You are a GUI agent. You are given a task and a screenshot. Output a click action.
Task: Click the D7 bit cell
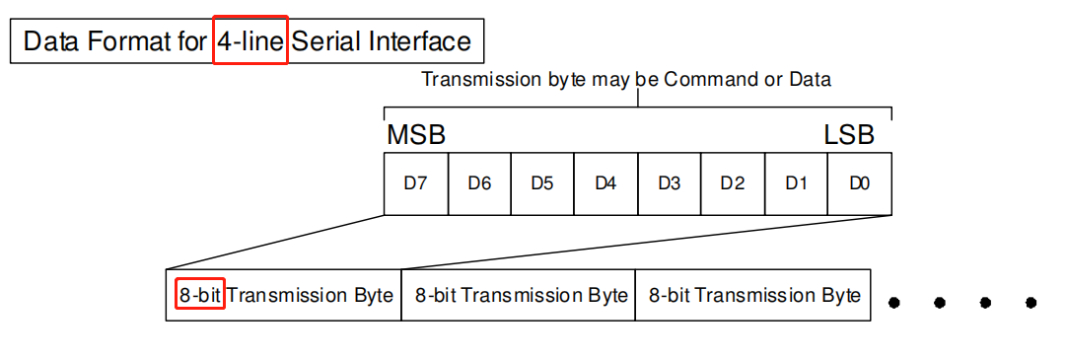(x=415, y=183)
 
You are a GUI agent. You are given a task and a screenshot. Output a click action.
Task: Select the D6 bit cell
(x=479, y=183)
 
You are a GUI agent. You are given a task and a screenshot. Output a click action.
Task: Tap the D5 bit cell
(x=542, y=183)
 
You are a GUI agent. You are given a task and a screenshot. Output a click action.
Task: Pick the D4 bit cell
(x=605, y=183)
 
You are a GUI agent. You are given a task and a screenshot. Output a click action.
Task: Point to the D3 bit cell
(x=669, y=183)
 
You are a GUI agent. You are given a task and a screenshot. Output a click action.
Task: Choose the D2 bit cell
(x=732, y=183)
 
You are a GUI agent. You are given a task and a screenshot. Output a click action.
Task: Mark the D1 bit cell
(x=796, y=183)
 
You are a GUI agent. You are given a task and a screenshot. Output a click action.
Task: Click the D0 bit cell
(x=859, y=183)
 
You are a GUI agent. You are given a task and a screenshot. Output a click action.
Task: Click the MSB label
(x=415, y=135)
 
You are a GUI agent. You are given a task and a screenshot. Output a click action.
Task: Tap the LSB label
(x=849, y=135)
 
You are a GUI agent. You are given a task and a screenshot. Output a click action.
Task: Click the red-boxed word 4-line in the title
(x=249, y=41)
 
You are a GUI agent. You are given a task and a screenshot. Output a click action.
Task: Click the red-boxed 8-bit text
(x=200, y=295)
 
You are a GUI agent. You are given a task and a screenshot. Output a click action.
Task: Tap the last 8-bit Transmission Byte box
(x=752, y=295)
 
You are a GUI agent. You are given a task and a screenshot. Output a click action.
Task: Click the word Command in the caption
(x=704, y=79)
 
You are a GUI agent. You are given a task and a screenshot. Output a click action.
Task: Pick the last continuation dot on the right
(x=1031, y=302)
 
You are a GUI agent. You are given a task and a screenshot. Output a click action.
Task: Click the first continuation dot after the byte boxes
(x=894, y=302)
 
